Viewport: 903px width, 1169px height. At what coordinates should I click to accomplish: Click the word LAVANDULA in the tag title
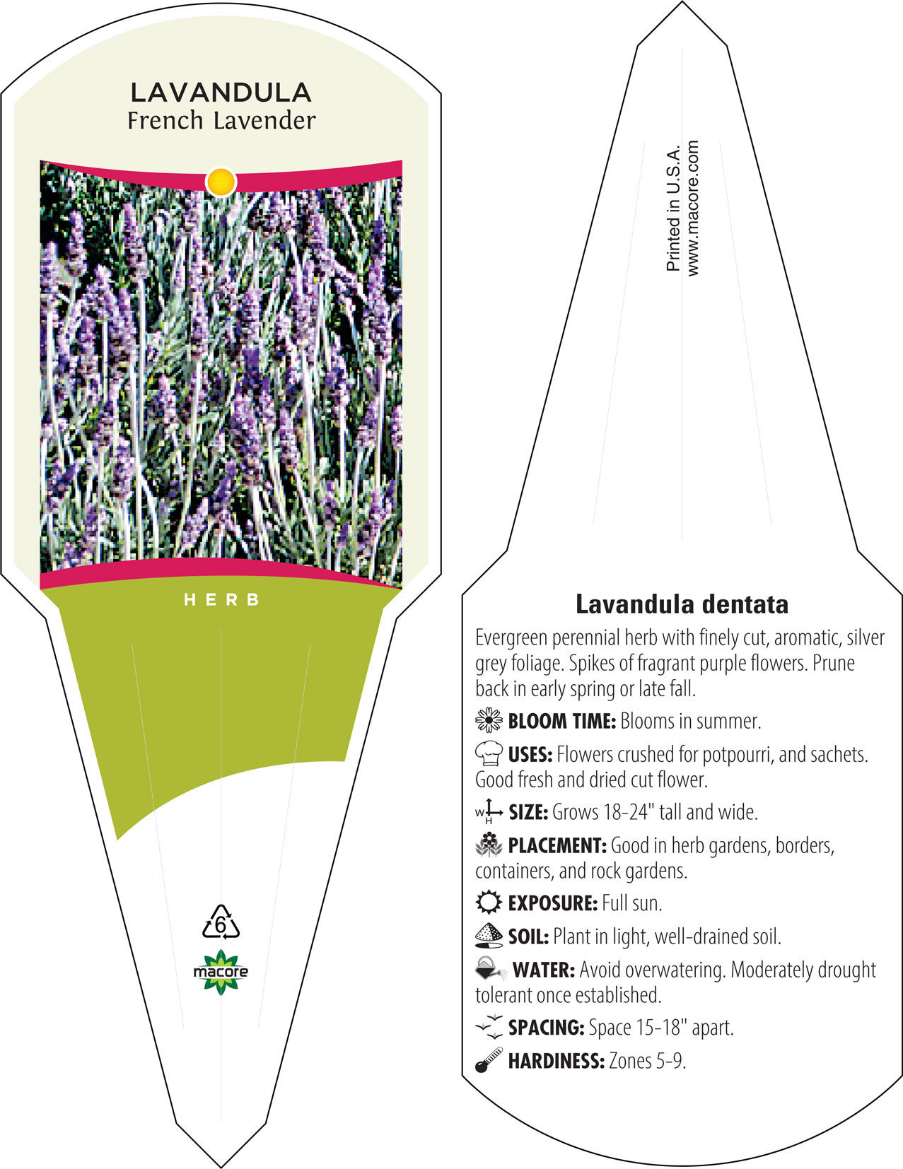tap(221, 93)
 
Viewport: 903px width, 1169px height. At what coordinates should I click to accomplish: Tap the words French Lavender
tap(221, 121)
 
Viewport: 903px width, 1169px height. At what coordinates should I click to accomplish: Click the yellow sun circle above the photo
tap(221, 182)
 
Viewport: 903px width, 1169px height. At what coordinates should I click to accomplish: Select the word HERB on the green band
tap(221, 600)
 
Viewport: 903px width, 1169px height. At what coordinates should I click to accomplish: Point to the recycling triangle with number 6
tap(221, 922)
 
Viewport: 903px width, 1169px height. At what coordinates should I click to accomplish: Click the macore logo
tap(221, 973)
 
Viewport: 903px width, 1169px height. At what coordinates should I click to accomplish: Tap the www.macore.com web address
tap(693, 208)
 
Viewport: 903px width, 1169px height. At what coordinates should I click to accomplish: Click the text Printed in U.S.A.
tap(673, 208)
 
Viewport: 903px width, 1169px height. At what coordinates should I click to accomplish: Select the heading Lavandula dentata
tap(682, 604)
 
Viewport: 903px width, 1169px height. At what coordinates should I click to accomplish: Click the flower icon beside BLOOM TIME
tap(489, 721)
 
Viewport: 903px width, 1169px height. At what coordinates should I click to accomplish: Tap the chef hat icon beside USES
tap(489, 753)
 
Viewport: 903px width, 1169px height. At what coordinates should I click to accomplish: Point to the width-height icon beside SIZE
tap(489, 812)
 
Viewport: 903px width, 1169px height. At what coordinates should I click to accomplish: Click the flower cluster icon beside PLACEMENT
tap(489, 845)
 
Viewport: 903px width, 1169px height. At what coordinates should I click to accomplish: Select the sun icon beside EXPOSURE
tap(489, 903)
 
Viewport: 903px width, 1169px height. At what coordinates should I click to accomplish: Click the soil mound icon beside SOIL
tap(489, 936)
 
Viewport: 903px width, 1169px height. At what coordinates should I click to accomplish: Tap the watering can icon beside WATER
tap(490, 969)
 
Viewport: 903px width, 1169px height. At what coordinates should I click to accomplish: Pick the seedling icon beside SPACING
tap(489, 1027)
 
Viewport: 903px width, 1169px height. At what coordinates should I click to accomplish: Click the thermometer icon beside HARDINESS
tap(489, 1060)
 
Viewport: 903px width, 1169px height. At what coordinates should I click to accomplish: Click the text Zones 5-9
tap(647, 1061)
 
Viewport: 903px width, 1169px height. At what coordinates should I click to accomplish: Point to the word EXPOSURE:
tap(553, 903)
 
